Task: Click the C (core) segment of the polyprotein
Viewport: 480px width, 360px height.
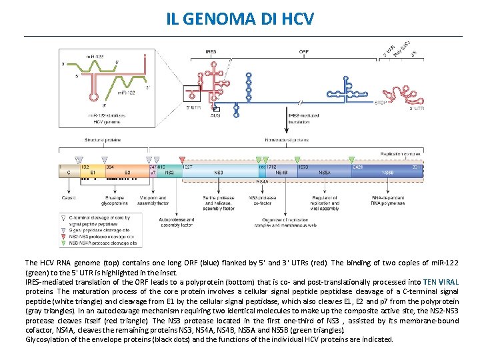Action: coord(69,172)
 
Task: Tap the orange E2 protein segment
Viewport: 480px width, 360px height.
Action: coord(127,172)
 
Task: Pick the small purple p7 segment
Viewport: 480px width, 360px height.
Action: coord(153,172)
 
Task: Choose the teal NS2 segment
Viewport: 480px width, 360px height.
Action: coord(169,172)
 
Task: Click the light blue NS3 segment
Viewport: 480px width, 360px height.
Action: coord(219,172)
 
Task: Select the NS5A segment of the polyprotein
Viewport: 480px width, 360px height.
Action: coord(324,172)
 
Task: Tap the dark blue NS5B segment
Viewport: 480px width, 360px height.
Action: coord(387,172)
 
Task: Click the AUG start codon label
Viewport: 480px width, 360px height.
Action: coord(215,115)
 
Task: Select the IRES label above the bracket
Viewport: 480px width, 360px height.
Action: coord(211,51)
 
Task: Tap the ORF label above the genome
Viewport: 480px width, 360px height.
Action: coord(303,51)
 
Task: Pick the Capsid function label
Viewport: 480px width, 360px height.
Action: coord(69,198)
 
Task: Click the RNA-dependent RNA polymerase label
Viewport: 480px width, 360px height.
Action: coord(387,201)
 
